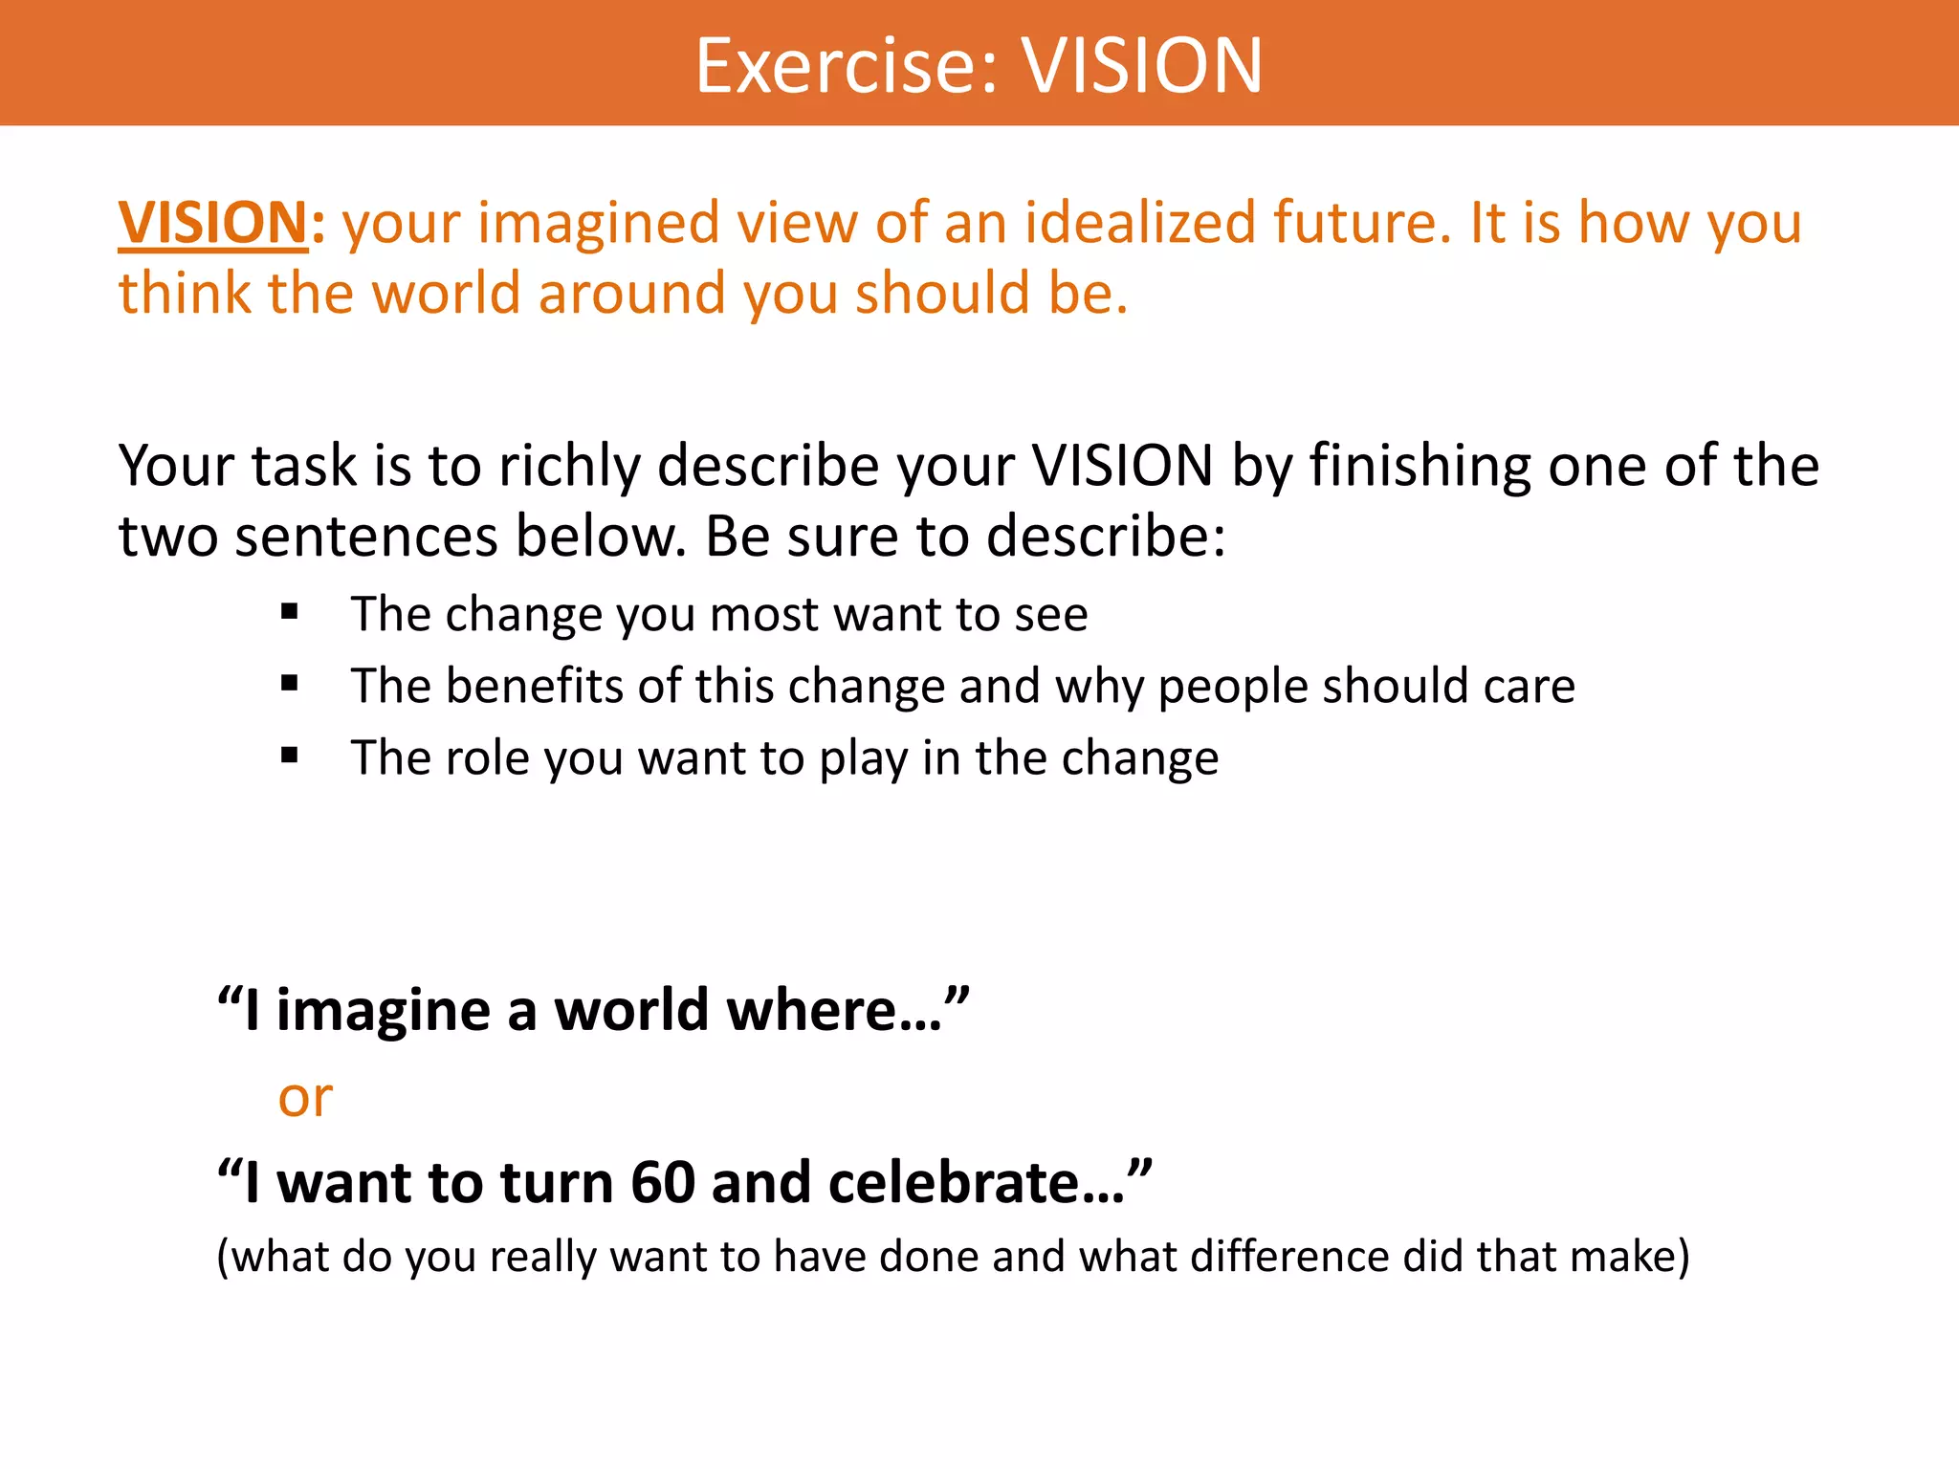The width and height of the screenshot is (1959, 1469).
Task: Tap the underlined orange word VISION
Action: coord(212,224)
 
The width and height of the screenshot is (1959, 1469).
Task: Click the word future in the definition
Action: coord(1360,223)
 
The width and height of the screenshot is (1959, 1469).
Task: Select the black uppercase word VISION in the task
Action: coord(1122,467)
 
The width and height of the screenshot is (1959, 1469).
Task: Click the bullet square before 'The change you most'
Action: coord(290,612)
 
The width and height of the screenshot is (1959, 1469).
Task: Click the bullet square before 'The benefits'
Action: coord(290,684)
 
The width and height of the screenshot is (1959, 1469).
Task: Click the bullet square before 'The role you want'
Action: coord(290,756)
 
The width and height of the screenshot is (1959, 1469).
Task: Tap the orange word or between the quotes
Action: coord(305,1098)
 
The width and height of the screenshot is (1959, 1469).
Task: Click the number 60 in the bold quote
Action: coord(662,1183)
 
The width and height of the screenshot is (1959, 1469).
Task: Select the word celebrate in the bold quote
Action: coord(957,1183)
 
